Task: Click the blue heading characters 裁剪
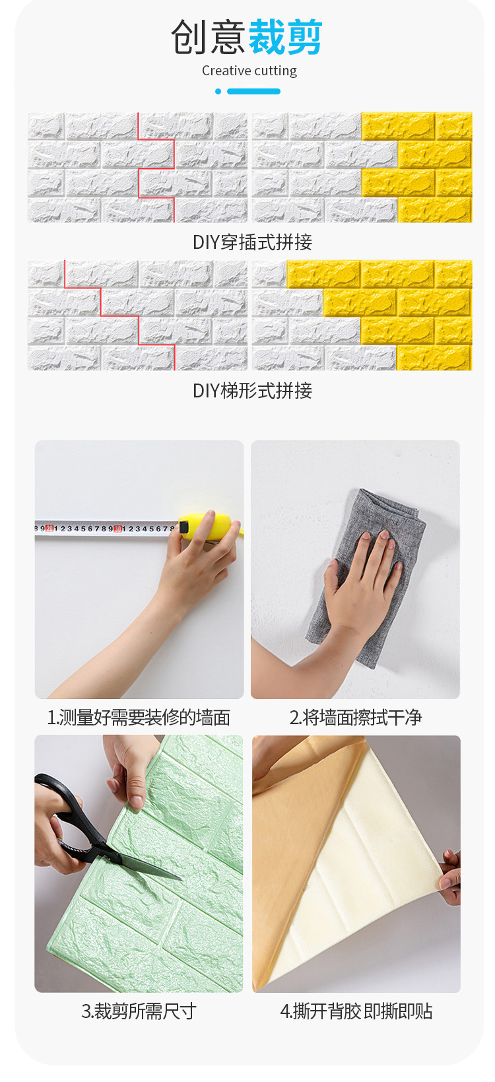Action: tap(285, 37)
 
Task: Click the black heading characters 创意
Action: tap(209, 37)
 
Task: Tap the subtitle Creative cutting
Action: tap(249, 71)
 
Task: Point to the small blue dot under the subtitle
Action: tap(218, 91)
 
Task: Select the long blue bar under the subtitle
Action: tap(253, 91)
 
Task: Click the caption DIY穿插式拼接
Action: tap(252, 242)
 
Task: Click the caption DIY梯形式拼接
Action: tap(252, 390)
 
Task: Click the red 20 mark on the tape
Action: tap(49, 528)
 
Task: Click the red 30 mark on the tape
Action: tap(117, 528)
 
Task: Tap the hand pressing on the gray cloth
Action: tap(362, 584)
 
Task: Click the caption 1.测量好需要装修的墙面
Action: tap(139, 718)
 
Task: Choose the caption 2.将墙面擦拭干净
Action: tap(356, 718)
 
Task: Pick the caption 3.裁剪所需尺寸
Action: tap(139, 1011)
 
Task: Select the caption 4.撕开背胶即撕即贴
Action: tap(356, 1011)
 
